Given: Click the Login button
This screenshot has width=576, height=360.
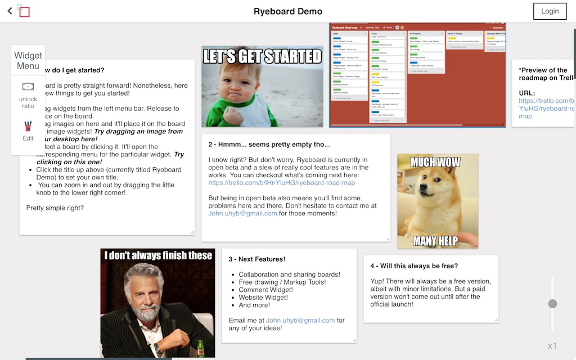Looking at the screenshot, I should tap(550, 11).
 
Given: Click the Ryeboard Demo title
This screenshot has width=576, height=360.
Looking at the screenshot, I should tap(288, 11).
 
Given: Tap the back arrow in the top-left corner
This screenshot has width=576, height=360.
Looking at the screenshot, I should tap(10, 11).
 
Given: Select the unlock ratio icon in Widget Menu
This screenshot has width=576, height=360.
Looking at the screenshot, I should tap(28, 87).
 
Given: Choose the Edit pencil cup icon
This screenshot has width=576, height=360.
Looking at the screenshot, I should tap(28, 126).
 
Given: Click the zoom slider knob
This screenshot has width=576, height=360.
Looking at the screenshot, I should tap(552, 304).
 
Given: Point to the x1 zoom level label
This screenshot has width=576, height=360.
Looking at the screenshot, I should tap(552, 346).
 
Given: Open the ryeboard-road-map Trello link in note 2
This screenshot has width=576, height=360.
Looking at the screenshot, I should tap(281, 183).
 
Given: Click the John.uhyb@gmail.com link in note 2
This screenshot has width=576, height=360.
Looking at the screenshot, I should tap(242, 213).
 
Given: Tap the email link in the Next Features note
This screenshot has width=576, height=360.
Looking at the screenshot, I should tap(300, 320).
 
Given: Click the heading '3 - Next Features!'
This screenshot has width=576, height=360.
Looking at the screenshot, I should tap(256, 259).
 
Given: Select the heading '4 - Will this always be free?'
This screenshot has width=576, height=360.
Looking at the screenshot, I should tap(414, 266).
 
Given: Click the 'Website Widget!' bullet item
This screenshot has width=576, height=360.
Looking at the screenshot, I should tap(263, 298).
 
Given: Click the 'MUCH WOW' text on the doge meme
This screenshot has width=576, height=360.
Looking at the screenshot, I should tap(435, 163).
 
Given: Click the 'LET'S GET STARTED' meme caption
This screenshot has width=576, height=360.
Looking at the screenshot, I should tap(262, 56).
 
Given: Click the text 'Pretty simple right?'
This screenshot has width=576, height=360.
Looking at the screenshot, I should tap(55, 208).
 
